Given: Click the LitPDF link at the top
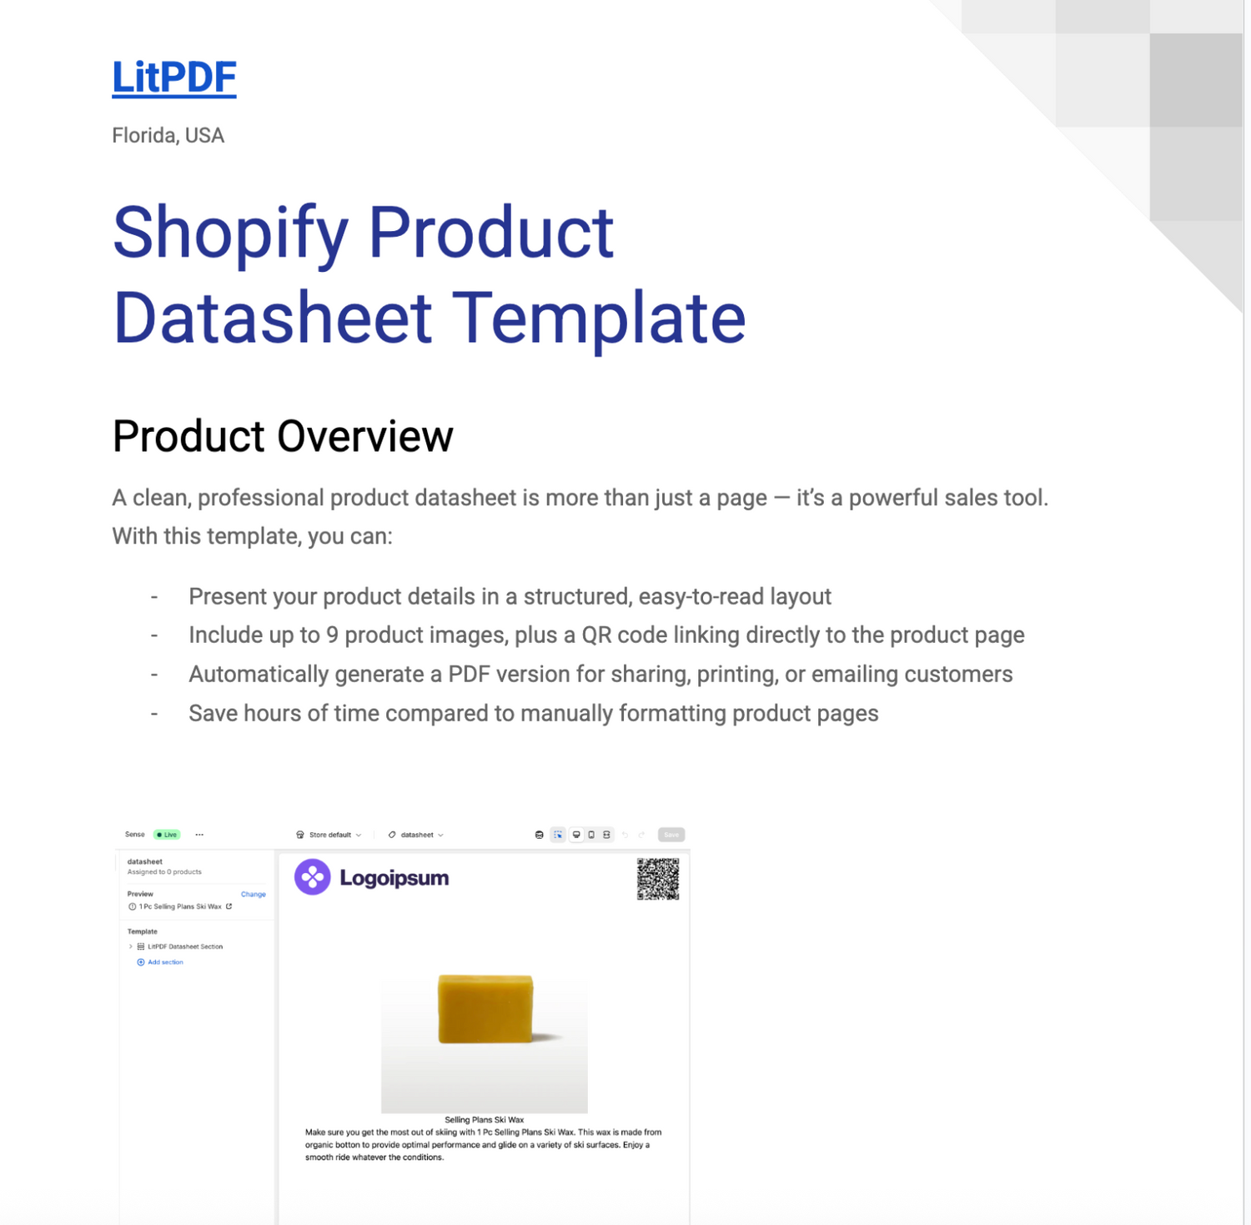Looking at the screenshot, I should click(173, 78).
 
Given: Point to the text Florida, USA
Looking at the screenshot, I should click(168, 135).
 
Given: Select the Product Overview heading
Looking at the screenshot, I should click(283, 436).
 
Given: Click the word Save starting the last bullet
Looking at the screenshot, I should click(213, 714).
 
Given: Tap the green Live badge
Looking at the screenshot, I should click(168, 835).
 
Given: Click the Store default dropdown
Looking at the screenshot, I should click(330, 835).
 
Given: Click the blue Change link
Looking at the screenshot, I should click(253, 894).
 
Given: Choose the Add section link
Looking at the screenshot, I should click(164, 962).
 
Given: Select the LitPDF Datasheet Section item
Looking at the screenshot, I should click(184, 946).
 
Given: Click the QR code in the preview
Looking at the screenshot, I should click(657, 879).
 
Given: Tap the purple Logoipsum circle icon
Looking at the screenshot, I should click(313, 877).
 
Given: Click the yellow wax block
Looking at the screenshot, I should click(485, 1008).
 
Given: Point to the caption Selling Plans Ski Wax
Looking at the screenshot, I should click(484, 1120).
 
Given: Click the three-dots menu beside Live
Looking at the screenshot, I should click(199, 835).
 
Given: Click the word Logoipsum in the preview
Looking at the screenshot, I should click(394, 878).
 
